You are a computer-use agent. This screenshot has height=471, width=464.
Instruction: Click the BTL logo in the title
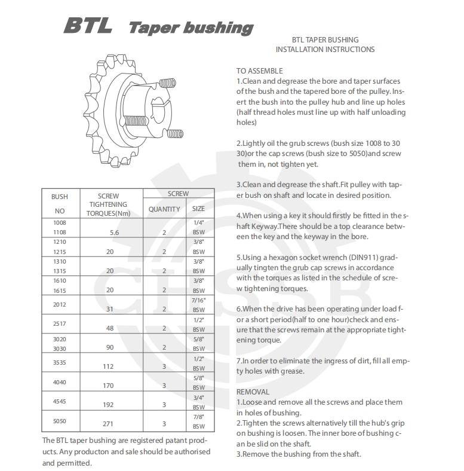88,26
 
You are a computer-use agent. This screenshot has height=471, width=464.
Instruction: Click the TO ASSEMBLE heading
259,71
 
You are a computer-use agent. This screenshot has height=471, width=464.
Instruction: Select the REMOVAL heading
253,392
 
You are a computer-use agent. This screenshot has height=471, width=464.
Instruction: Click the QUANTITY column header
164,209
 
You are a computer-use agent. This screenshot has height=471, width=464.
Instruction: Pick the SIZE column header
198,209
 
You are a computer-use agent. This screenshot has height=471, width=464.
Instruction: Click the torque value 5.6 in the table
108,233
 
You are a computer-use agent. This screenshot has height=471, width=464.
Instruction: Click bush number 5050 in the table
60,420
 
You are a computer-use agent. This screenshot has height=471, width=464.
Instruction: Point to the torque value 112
108,366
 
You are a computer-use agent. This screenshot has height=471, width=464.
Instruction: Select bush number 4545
60,401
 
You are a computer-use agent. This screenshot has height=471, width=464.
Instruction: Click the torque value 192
108,404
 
